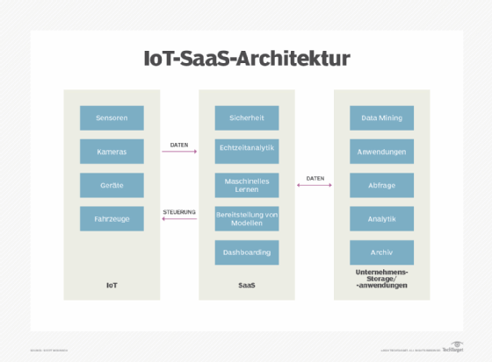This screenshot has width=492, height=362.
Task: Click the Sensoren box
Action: [112, 117]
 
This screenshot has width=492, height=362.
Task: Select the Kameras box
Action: [112, 151]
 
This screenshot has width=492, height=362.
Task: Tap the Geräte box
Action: [112, 185]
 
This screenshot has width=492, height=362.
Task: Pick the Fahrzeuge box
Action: [112, 218]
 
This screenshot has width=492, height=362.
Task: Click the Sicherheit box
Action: [247, 117]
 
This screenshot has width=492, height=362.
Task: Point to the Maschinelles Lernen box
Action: [247, 185]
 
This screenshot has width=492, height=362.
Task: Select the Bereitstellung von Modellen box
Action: [247, 218]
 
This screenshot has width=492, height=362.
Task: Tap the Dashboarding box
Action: [247, 252]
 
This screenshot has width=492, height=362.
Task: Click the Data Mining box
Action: [382, 117]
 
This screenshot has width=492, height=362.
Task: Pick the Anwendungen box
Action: [382, 151]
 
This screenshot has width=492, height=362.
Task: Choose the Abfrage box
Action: [382, 185]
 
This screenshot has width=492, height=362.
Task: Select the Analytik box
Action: [382, 218]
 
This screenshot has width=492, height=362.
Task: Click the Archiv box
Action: [382, 252]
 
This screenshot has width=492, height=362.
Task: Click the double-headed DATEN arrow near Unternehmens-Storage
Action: [315, 185]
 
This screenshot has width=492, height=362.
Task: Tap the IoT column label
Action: [112, 286]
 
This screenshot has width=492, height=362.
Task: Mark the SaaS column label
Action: [247, 286]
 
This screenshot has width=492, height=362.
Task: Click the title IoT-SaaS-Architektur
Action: [247, 59]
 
